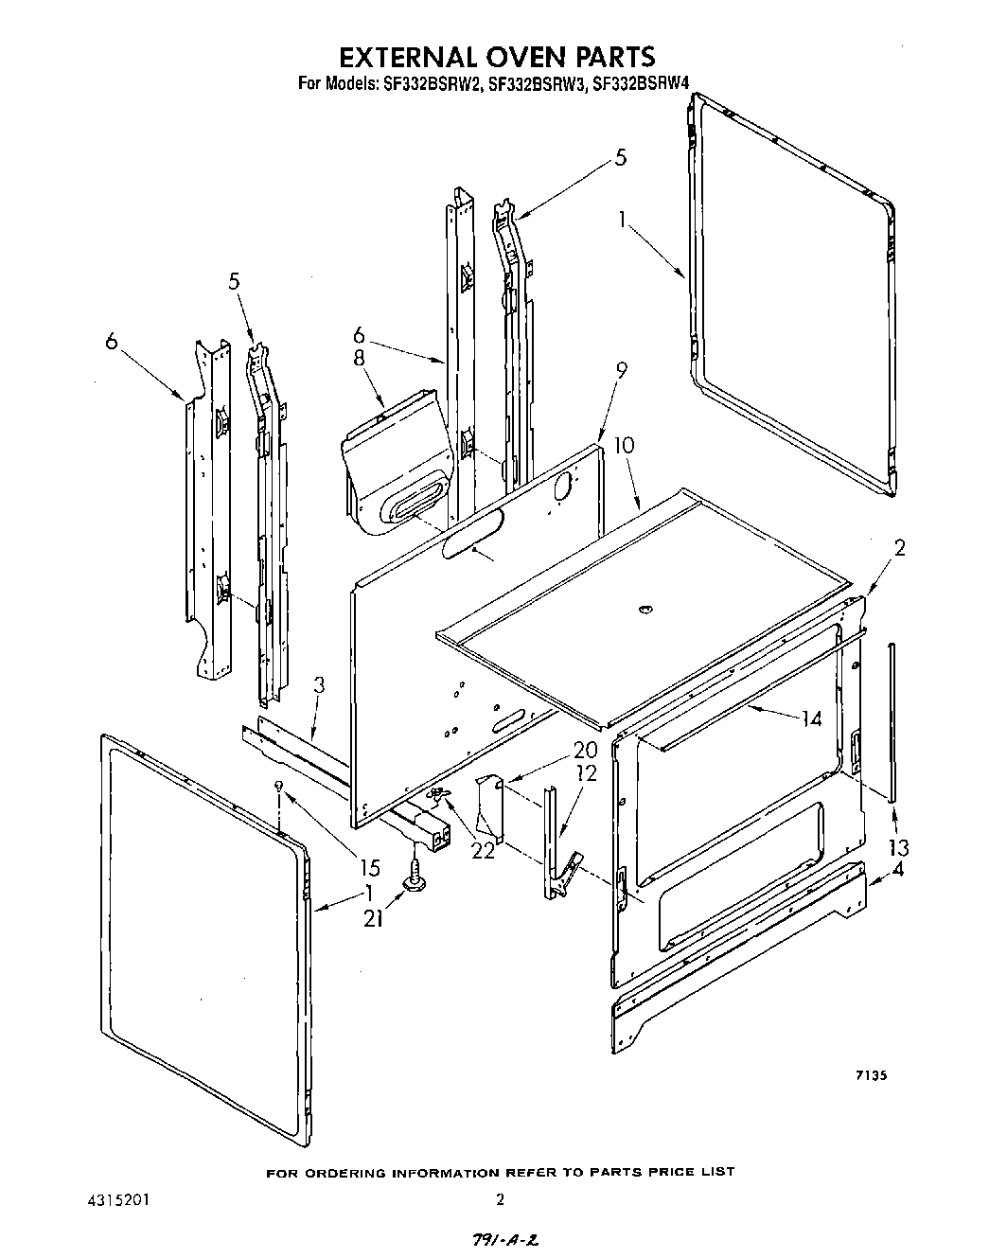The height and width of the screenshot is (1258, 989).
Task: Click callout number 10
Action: click(x=624, y=446)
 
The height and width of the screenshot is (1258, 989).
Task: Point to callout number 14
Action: click(x=810, y=718)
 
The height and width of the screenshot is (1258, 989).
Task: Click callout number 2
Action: click(x=899, y=548)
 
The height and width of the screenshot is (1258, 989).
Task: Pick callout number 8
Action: click(x=360, y=360)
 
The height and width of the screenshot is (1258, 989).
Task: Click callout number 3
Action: click(x=319, y=686)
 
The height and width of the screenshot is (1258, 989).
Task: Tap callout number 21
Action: click(x=374, y=916)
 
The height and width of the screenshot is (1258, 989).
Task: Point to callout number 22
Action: click(x=483, y=850)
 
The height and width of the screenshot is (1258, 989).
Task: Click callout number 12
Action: click(x=586, y=773)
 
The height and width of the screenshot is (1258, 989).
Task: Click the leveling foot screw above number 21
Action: click(x=415, y=877)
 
